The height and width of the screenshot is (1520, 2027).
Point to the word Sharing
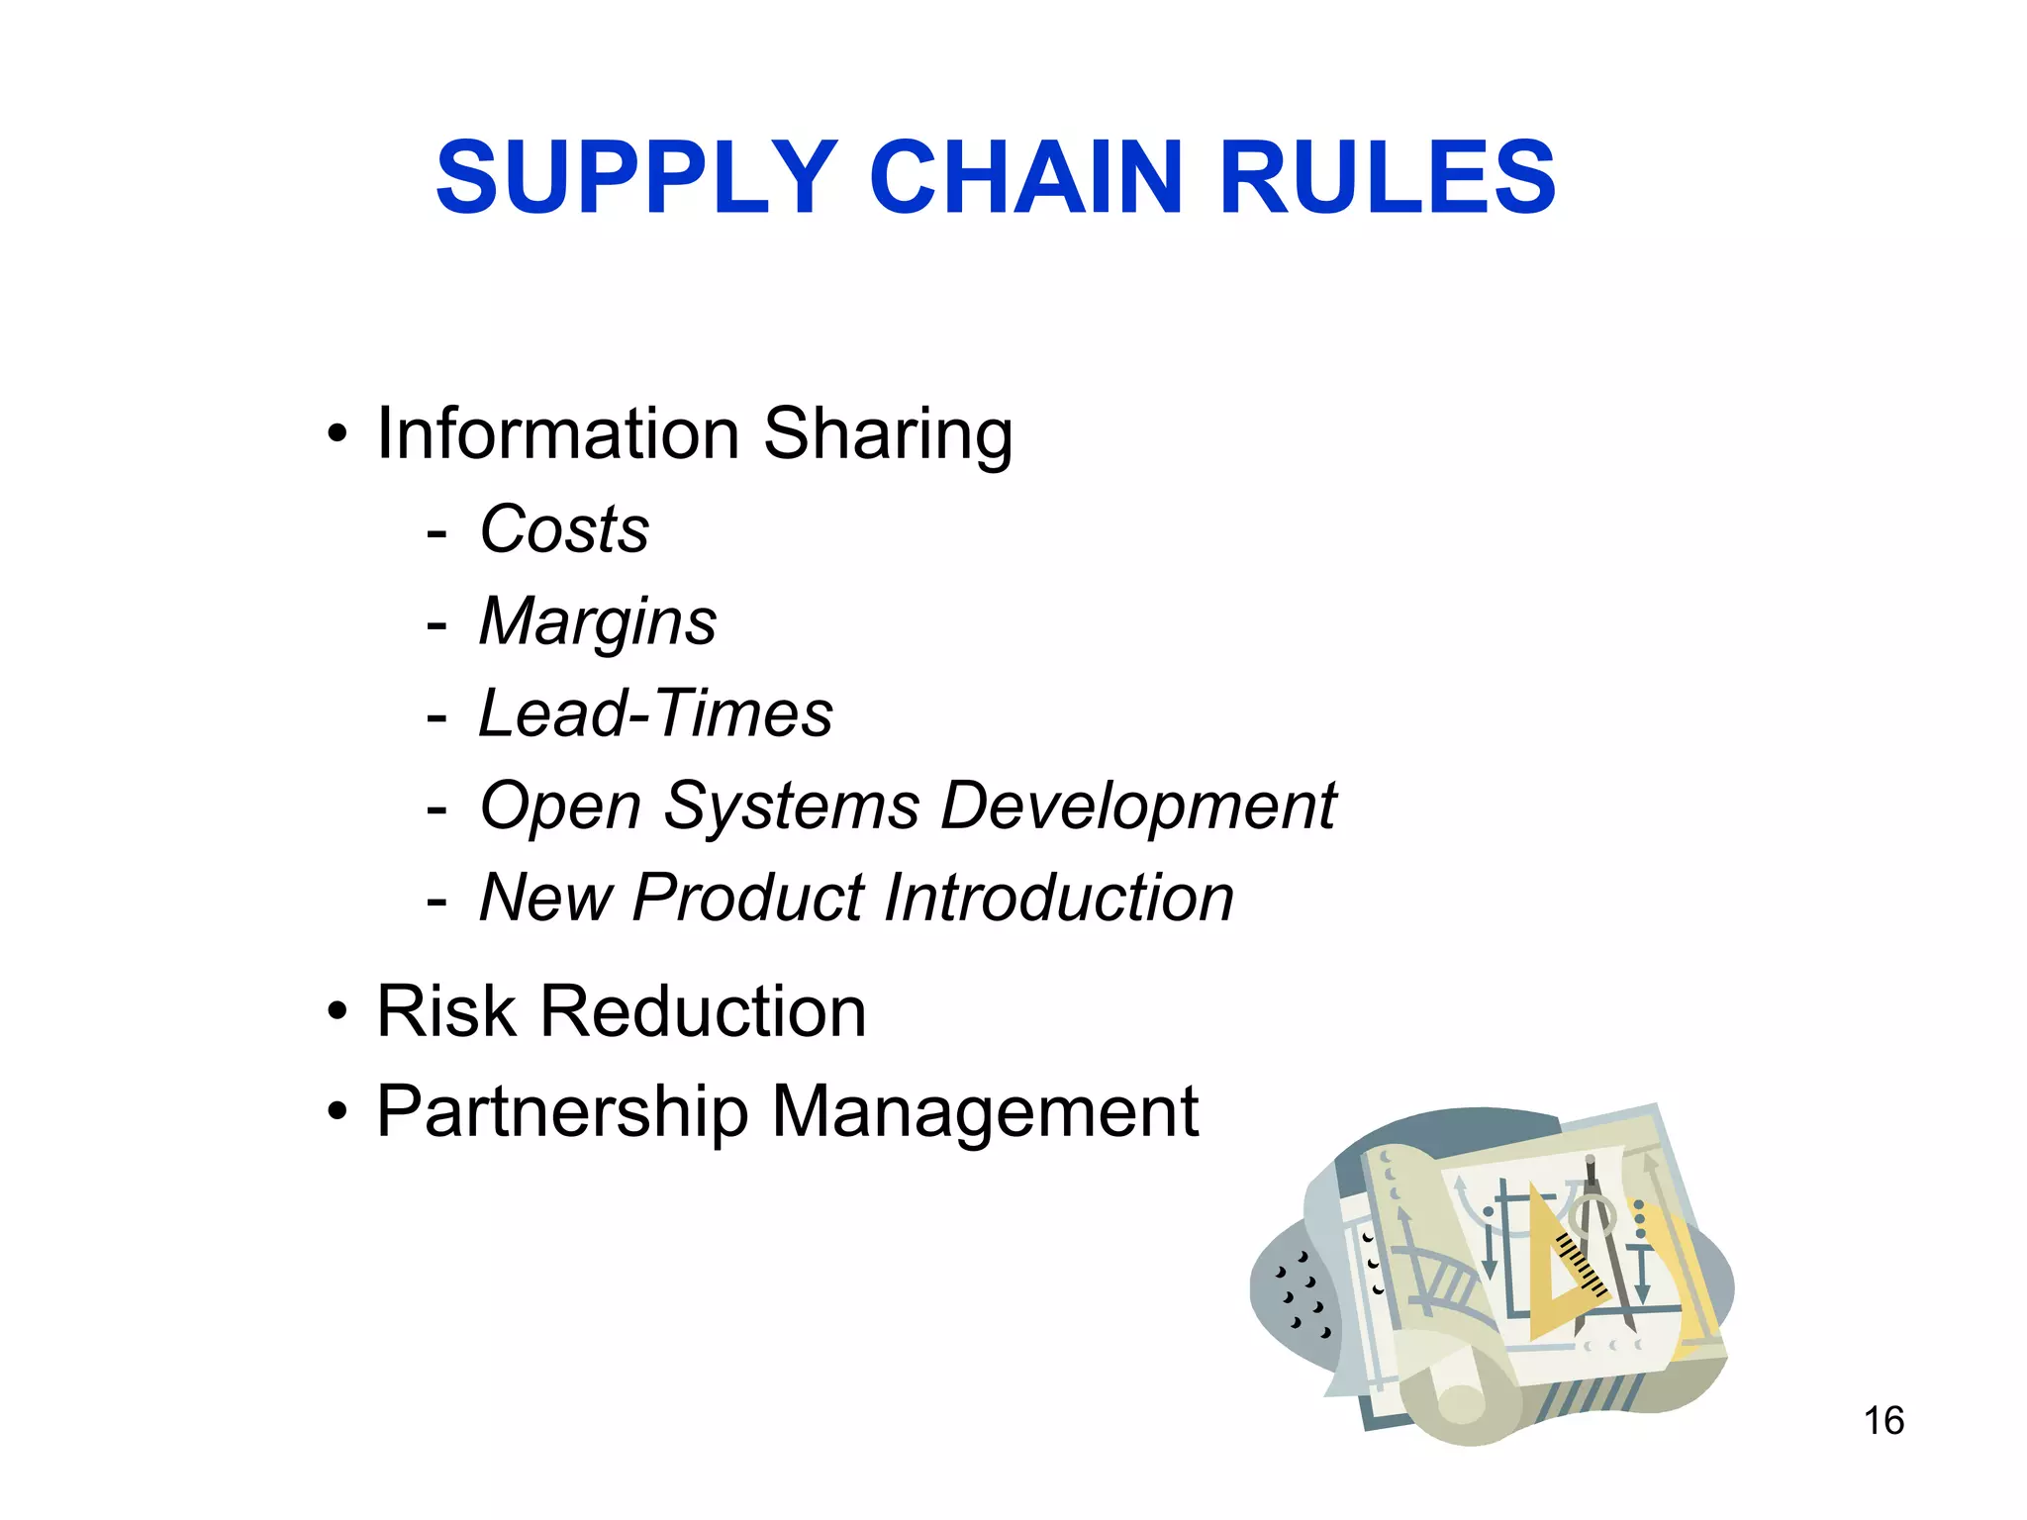tap(888, 435)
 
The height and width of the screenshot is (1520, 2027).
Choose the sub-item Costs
tap(564, 528)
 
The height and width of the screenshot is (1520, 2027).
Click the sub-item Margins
tap(598, 622)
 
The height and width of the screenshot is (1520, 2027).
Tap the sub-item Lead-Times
tap(655, 713)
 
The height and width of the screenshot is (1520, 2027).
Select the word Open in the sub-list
tap(560, 807)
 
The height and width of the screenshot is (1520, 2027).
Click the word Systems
tap(791, 807)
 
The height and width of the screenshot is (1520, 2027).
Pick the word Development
tap(1138, 807)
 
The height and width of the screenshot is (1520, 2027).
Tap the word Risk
tap(446, 1011)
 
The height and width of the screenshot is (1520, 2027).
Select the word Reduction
tap(703, 1011)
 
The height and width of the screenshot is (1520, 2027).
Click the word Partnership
tap(562, 1112)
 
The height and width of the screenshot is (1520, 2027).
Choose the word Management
tap(985, 1112)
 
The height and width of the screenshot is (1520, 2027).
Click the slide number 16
tap(1883, 1421)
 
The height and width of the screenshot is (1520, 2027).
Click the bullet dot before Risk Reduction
tap(338, 1012)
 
